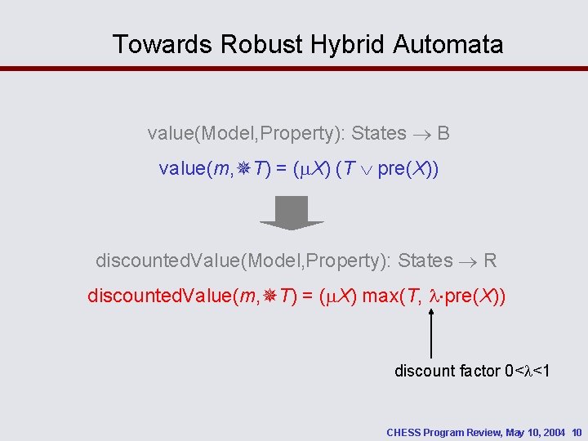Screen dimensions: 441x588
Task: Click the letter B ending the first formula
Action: point(443,133)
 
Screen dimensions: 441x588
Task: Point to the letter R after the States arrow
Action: point(490,261)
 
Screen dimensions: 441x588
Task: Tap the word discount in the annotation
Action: point(425,371)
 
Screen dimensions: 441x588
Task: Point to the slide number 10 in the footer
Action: point(577,431)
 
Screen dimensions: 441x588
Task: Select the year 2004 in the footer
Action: point(554,431)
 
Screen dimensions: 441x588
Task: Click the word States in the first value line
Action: point(379,133)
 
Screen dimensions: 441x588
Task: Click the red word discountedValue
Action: point(159,296)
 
